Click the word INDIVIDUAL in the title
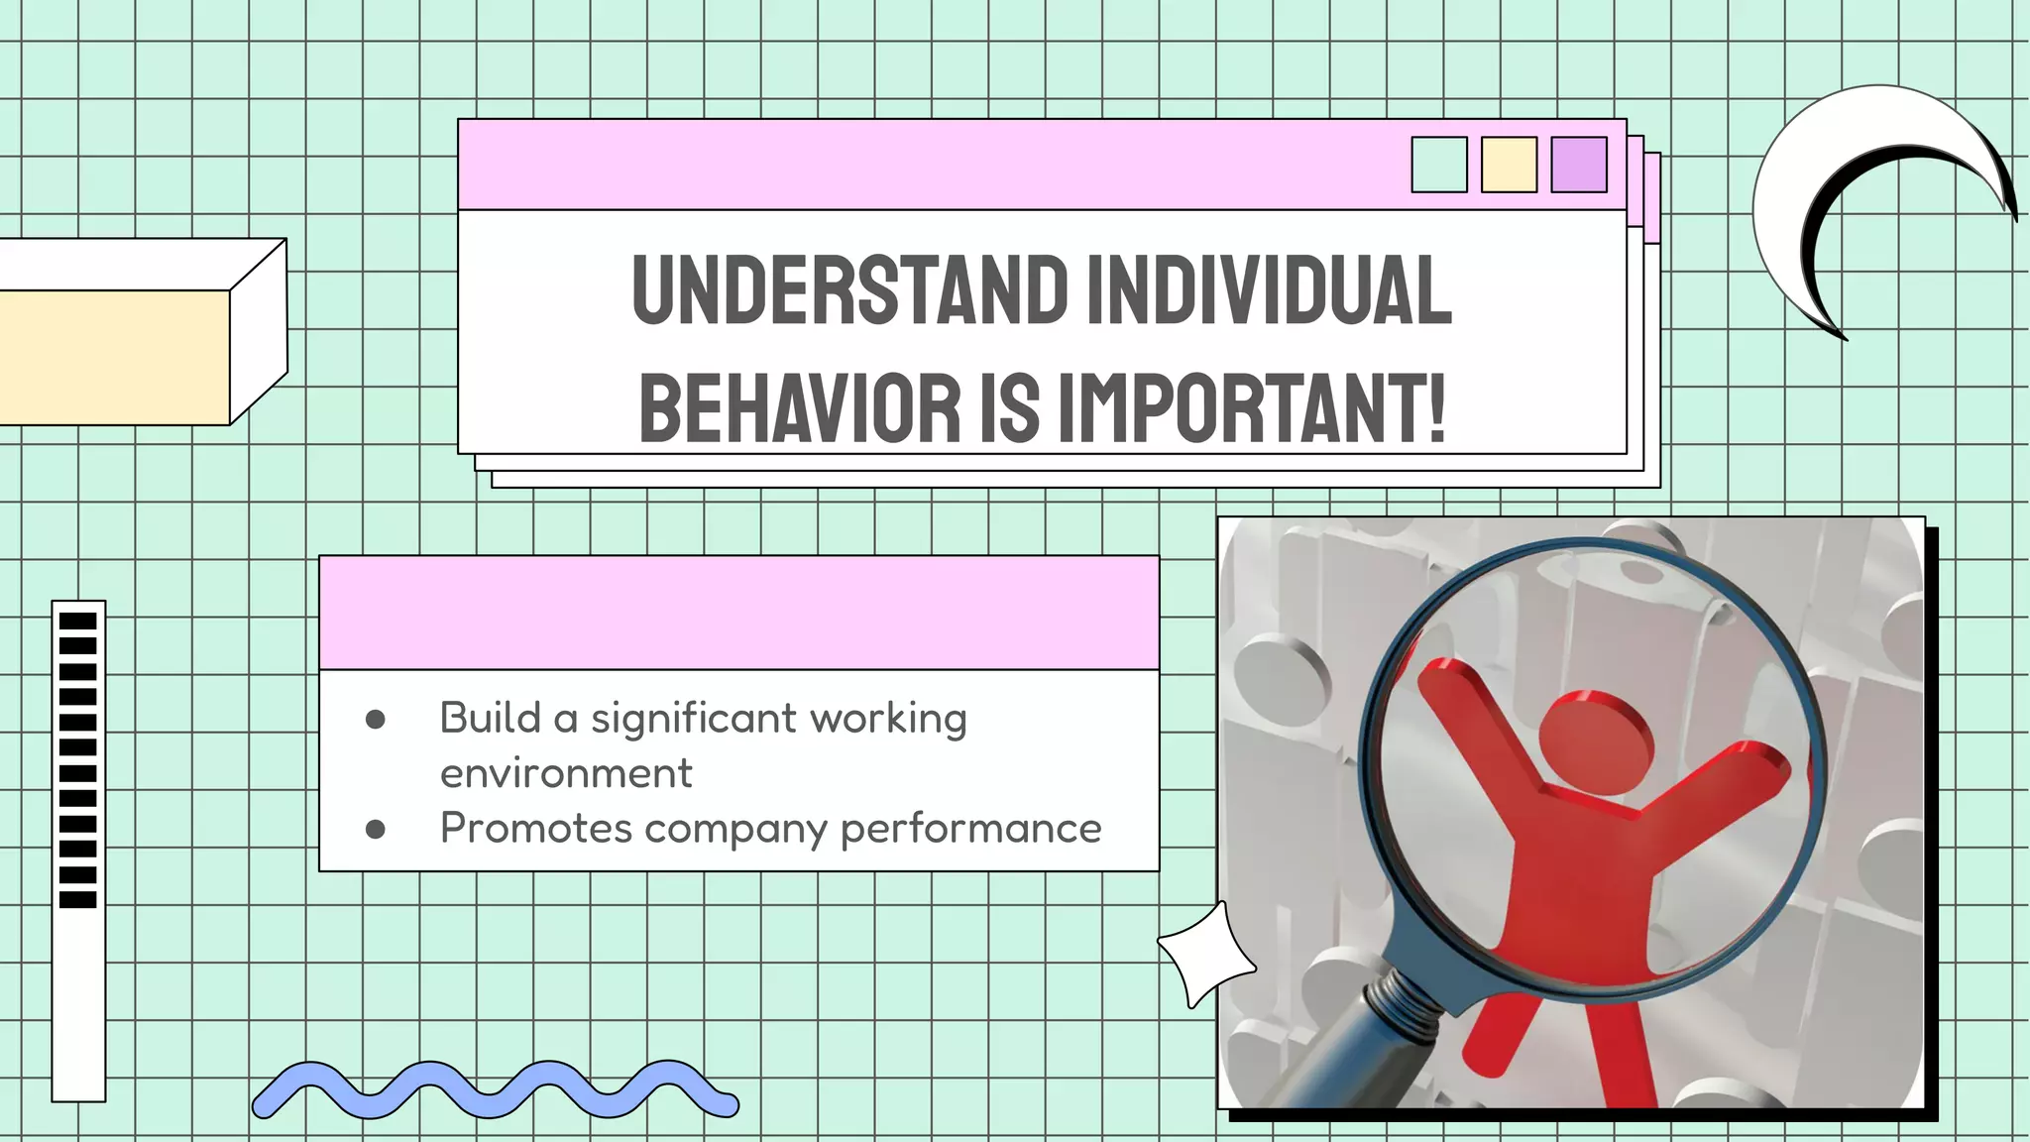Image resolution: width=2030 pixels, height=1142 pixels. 1269,289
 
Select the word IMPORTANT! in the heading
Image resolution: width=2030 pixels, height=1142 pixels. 1252,408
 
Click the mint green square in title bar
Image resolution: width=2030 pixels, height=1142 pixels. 1438,165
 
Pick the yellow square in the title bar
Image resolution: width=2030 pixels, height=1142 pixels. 1509,165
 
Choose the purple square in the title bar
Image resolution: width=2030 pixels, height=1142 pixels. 1578,165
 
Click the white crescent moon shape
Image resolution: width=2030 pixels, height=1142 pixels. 1784,198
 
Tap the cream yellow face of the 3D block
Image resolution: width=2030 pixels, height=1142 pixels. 114,357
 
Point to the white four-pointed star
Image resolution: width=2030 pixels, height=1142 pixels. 1204,955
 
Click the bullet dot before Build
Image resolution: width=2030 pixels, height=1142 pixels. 375,720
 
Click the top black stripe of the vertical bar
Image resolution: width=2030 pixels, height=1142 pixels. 78,621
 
